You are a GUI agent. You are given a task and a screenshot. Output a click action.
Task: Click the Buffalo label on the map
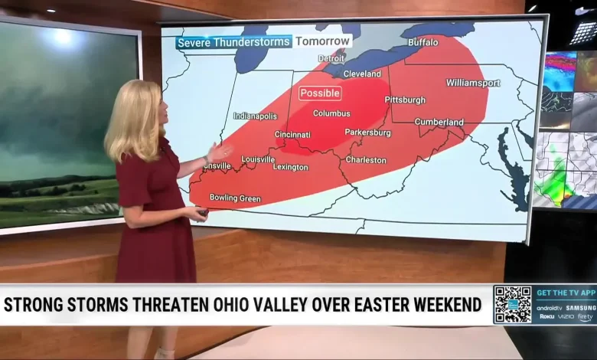coord(422,42)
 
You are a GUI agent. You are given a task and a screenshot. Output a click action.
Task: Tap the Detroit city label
coord(331,58)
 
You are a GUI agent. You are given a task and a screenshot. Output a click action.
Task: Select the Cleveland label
coord(362,74)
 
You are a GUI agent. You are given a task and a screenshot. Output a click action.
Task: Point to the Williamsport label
coord(473,82)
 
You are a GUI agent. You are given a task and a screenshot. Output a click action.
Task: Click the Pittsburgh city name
coord(405,100)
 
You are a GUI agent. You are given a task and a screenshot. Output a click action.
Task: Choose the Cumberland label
coord(439,122)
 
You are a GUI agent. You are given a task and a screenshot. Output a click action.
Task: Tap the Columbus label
coord(331,113)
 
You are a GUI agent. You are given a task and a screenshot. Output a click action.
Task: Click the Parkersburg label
coord(367,133)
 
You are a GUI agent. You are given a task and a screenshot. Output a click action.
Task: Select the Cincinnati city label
coord(292,135)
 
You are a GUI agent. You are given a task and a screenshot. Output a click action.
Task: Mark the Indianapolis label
coord(255,116)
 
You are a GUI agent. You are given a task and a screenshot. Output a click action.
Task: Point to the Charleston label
coord(366,160)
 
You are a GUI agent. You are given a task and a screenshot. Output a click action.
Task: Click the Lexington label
coord(290,166)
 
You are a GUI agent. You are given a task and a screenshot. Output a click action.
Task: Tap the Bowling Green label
coord(234,198)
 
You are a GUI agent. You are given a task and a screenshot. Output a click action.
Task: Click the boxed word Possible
coord(320,93)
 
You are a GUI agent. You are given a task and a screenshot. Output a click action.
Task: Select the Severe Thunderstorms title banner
coord(233,42)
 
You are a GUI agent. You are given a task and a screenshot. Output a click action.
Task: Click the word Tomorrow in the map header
coord(323,41)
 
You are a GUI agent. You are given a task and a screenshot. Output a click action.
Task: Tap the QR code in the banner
coord(512,304)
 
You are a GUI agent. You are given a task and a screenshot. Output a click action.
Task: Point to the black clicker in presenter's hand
coord(202,212)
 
